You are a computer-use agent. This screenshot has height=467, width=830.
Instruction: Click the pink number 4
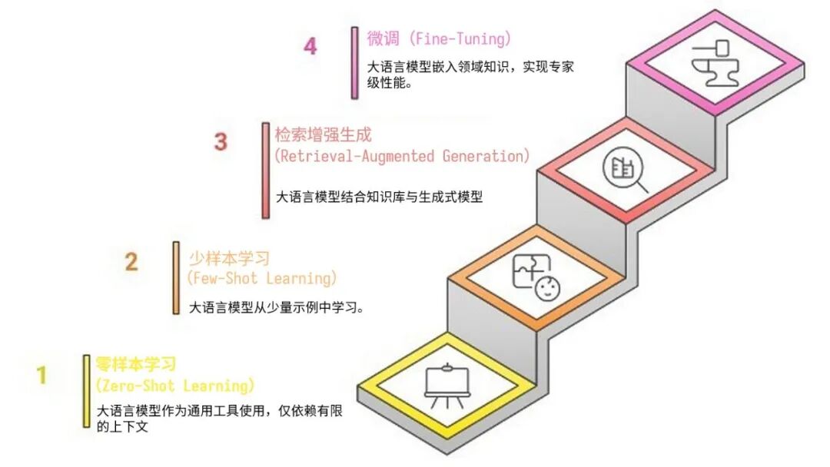(x=310, y=46)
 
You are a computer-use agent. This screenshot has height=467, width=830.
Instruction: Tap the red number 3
(x=221, y=142)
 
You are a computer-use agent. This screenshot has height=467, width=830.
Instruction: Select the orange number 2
(x=131, y=262)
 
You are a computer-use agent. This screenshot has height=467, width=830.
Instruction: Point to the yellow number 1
(x=42, y=376)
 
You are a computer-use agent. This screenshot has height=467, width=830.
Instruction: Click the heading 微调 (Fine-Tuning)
(x=439, y=38)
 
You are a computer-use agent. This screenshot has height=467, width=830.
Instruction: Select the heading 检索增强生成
(x=324, y=135)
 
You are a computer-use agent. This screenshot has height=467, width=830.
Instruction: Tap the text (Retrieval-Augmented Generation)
(x=402, y=156)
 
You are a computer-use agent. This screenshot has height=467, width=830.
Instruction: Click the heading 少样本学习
(x=229, y=258)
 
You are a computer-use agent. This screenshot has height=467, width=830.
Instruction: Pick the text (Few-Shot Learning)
(x=262, y=277)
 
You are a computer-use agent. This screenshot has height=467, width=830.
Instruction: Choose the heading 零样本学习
(x=136, y=363)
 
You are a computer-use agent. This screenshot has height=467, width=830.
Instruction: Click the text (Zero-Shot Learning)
(x=174, y=385)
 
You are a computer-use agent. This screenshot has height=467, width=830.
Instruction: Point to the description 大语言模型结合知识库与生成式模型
(x=379, y=197)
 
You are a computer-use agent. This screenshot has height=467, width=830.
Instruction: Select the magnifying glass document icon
(x=625, y=170)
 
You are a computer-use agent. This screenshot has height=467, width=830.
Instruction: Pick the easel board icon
(x=447, y=384)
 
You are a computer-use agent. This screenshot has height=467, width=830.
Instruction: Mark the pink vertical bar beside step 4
(x=354, y=63)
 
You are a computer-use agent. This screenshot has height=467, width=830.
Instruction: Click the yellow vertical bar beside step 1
(x=87, y=391)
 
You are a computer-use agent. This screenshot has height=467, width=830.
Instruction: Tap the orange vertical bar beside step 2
(x=176, y=278)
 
